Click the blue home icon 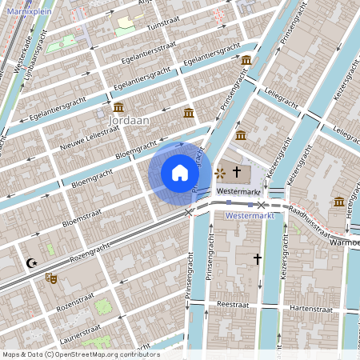click(180, 172)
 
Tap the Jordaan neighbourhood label click(123, 119)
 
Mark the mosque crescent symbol click(32, 262)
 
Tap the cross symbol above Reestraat click(258, 259)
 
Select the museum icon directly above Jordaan click(118, 106)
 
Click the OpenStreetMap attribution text click(80, 354)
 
